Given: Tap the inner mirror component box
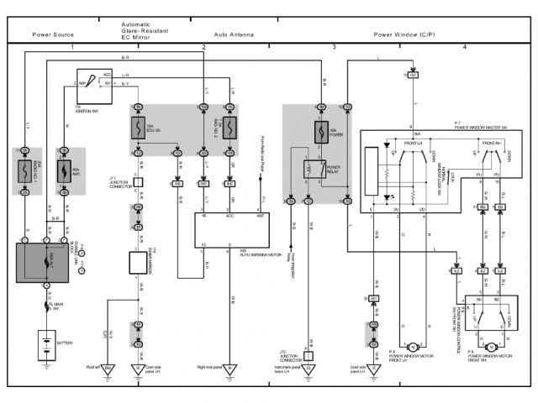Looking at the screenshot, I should coord(138,262).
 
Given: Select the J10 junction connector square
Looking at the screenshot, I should coord(309,355).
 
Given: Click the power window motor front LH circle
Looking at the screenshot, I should coord(413,346).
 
